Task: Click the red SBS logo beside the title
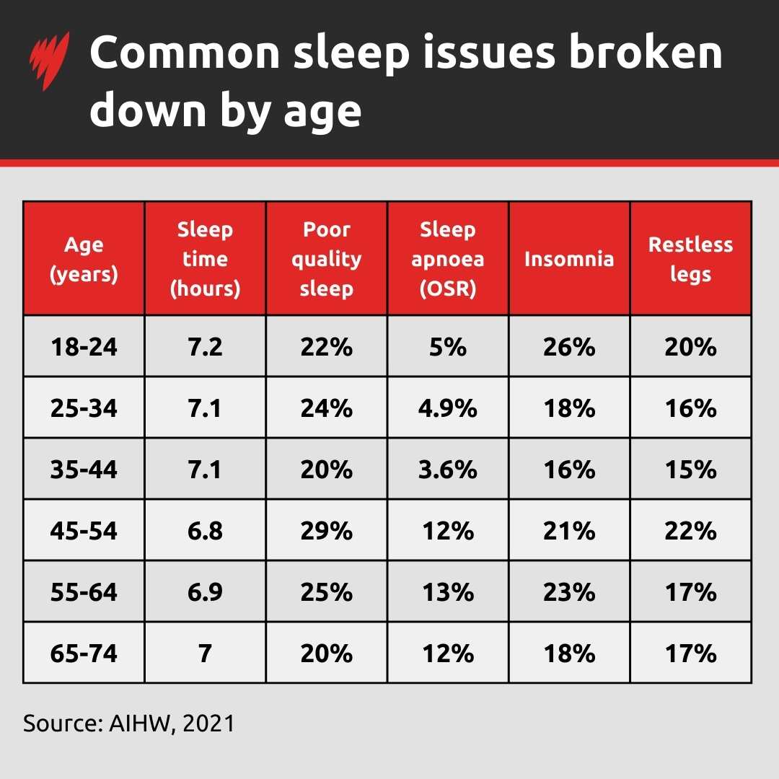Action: [50, 61]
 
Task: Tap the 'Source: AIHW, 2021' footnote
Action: [129, 723]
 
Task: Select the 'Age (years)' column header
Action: [84, 259]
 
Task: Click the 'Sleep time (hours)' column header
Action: [205, 259]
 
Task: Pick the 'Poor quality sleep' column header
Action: [327, 259]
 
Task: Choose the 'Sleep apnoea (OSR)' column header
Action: [448, 259]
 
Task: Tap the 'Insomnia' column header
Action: [569, 259]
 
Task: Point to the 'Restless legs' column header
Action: [690, 259]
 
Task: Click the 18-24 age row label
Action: [84, 347]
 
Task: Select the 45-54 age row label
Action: [84, 532]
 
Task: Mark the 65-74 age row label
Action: [84, 653]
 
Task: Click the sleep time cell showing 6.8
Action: [205, 532]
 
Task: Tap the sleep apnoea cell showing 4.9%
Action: [448, 408]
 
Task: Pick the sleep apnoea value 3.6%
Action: [448, 470]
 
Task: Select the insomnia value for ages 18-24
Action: [569, 347]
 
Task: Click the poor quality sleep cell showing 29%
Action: [327, 532]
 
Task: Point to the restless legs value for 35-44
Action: [690, 470]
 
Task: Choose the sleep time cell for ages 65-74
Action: [205, 653]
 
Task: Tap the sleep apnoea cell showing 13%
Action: [448, 592]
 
